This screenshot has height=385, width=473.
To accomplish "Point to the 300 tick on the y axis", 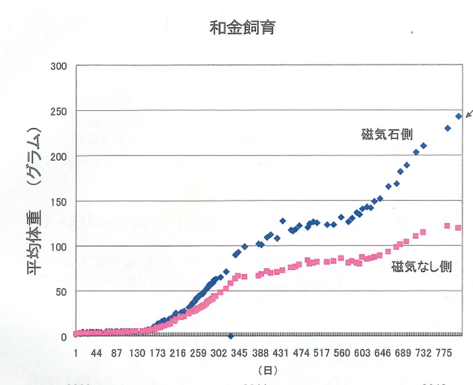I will [59, 66].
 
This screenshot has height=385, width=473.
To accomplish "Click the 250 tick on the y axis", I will [59, 111].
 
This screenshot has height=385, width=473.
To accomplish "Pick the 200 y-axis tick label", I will [59, 156].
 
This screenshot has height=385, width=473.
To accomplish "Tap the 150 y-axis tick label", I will [59, 201].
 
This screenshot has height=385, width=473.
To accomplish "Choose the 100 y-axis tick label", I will [59, 246].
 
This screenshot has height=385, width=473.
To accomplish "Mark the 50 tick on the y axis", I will [61, 291].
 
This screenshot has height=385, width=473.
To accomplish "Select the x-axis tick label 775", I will [444, 353].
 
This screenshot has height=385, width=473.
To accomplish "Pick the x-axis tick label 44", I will [97, 353].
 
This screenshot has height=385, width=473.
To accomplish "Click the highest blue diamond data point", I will [459, 116].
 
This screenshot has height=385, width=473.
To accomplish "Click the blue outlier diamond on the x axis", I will [231, 336].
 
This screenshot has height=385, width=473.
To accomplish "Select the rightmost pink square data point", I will [458, 227].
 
